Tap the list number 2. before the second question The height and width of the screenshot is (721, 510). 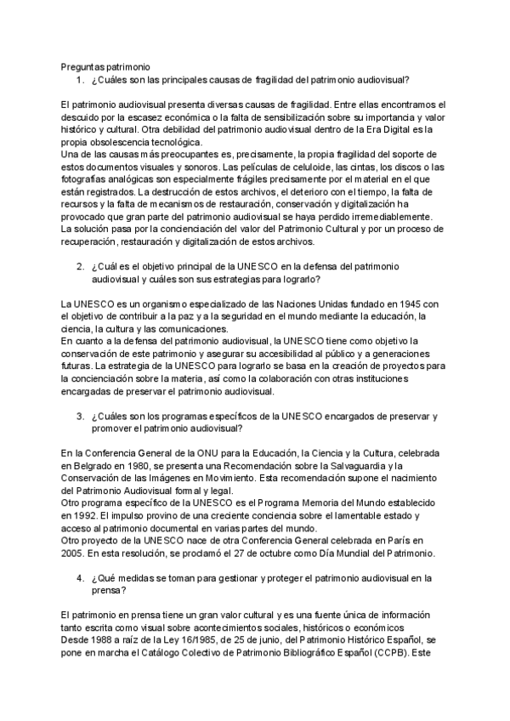[80, 266]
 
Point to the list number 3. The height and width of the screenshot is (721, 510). [80, 417]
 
